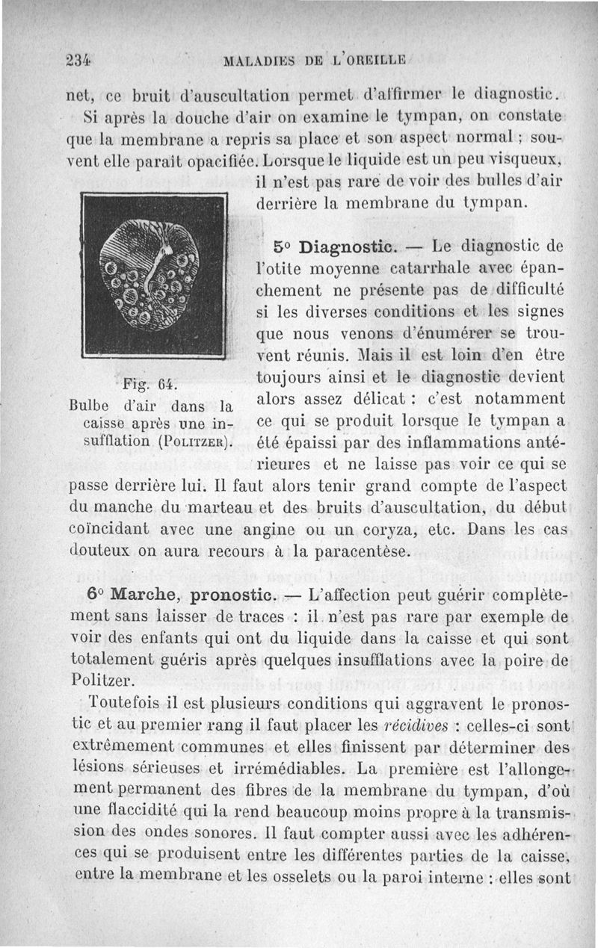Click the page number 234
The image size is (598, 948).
tap(77, 61)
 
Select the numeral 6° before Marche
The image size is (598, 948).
tap(95, 596)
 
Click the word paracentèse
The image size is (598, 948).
tap(358, 552)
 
